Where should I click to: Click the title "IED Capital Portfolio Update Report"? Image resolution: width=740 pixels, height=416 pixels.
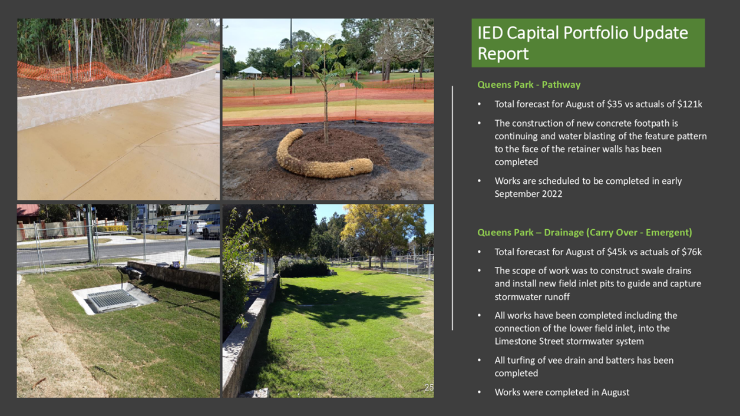[x=583, y=43]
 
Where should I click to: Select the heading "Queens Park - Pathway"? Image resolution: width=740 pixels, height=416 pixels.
[x=529, y=85]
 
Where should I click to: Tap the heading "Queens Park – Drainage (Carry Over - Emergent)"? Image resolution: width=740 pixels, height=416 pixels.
[x=584, y=233]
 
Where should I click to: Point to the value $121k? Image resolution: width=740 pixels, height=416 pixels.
[x=690, y=104]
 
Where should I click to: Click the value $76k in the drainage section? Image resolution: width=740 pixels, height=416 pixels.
[x=692, y=252]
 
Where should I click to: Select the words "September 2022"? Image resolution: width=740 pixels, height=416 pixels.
[x=528, y=194]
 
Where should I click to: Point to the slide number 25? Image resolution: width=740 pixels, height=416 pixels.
[x=429, y=387]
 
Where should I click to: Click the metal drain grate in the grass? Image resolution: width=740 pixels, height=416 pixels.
[x=112, y=300]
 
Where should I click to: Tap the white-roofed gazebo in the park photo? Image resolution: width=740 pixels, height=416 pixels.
[x=250, y=72]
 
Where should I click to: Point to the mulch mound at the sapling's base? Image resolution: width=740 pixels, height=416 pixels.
[x=337, y=147]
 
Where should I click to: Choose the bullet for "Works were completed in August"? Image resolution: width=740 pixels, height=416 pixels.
[x=480, y=392]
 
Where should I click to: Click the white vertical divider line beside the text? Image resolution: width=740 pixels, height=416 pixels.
[x=452, y=208]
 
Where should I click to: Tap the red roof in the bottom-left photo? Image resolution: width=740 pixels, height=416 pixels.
[x=28, y=210]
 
